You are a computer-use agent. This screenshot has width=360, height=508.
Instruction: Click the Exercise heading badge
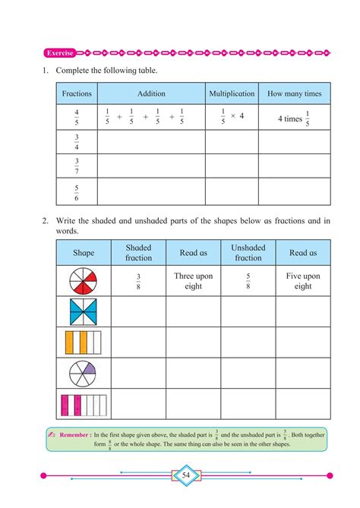tap(60, 53)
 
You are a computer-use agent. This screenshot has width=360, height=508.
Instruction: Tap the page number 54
tap(186, 475)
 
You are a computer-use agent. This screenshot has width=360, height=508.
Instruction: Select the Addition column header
tap(151, 94)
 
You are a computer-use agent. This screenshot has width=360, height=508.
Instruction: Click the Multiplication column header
tap(231, 94)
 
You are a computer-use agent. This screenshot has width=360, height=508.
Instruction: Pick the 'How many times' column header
tap(294, 94)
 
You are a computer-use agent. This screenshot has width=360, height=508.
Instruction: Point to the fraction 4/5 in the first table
tap(77, 117)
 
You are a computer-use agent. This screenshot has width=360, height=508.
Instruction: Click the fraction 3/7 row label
tap(77, 166)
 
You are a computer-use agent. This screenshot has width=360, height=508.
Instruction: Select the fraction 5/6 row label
tap(77, 191)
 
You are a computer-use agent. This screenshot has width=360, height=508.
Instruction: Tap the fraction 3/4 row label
tap(77, 142)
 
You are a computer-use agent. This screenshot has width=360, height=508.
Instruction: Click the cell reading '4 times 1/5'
tap(294, 117)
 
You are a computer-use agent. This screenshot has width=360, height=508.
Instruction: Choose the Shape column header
tap(84, 253)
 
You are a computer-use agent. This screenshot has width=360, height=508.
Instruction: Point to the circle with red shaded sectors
tap(84, 281)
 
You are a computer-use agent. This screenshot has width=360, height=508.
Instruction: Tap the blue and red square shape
tap(84, 311)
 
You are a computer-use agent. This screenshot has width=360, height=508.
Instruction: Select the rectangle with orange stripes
tap(84, 342)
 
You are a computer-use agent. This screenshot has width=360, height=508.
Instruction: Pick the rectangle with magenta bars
tap(84, 403)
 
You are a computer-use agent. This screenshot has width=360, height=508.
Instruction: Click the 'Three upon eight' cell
tap(194, 281)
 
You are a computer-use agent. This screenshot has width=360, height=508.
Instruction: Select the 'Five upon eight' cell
tap(303, 281)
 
